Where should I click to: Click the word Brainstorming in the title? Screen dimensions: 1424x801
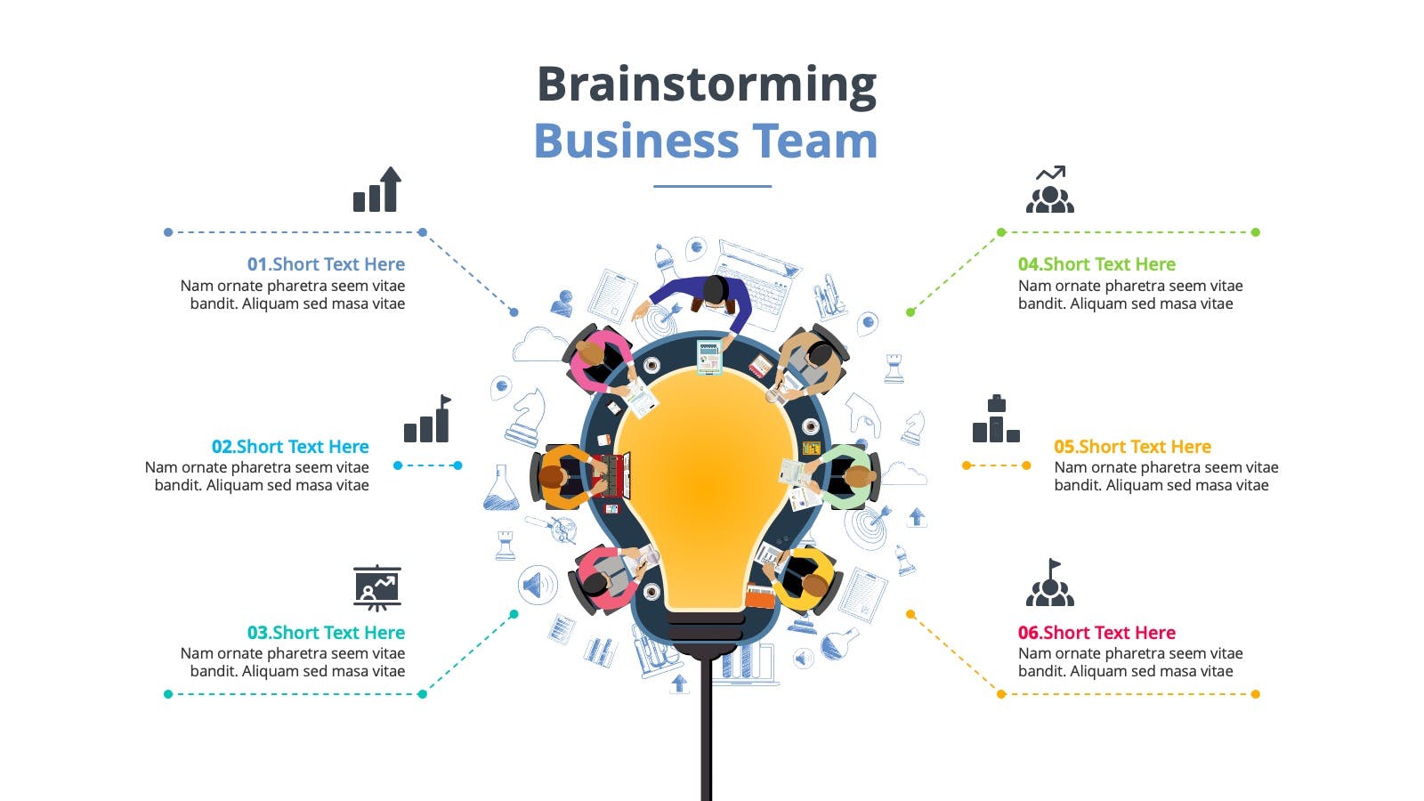click(707, 85)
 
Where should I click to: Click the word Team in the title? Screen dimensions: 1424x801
click(815, 141)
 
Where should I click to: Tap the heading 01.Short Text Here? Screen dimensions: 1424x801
click(326, 263)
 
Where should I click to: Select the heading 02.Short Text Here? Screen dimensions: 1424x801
click(290, 446)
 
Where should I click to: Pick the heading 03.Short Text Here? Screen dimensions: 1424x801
click(326, 633)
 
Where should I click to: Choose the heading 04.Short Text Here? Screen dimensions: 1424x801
click(1096, 263)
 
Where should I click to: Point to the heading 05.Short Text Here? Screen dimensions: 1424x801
click(1132, 446)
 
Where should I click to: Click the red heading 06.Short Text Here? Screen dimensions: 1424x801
click(1096, 633)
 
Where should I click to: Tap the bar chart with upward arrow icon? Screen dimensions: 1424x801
click(377, 190)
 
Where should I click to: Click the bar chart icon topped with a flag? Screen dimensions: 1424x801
click(427, 419)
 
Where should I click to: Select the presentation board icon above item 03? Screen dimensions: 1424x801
click(377, 588)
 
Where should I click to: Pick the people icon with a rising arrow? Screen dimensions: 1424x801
click(1049, 190)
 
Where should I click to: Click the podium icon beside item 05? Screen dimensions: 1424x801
click(996, 419)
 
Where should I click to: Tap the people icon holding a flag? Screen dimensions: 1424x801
click(1049, 583)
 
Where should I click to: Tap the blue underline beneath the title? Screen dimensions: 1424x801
click(712, 186)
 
